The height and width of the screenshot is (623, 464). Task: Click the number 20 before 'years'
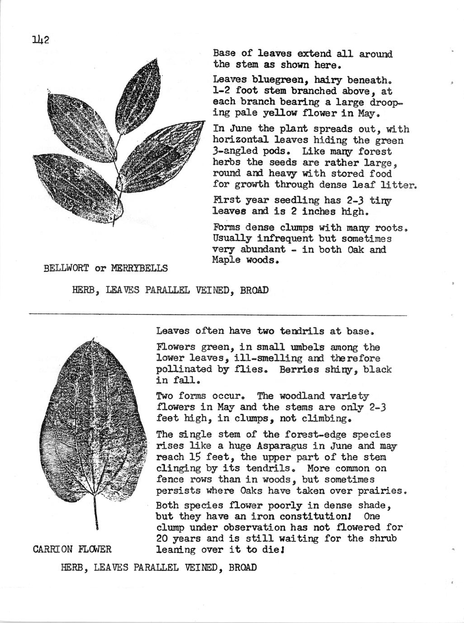coord(162,539)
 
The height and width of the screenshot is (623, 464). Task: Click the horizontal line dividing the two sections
coord(217,314)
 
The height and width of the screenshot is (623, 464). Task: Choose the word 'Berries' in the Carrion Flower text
coord(297,370)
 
